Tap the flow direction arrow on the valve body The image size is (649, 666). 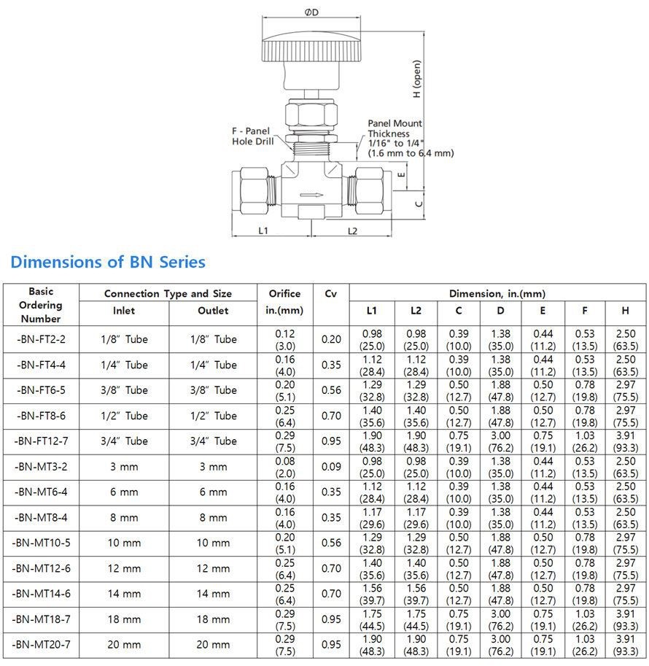click(x=310, y=195)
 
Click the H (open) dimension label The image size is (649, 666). click(x=416, y=79)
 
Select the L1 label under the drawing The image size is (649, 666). click(x=264, y=231)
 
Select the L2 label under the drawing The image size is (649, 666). click(x=353, y=231)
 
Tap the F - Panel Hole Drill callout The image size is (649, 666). click(x=252, y=136)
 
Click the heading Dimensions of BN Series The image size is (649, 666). click(x=108, y=262)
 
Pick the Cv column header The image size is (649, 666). click(x=330, y=293)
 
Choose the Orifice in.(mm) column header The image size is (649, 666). click(x=284, y=302)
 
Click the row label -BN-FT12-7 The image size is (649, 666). click(x=40, y=441)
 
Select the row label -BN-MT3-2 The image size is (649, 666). click(x=40, y=467)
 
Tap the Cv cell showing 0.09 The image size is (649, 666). click(x=330, y=467)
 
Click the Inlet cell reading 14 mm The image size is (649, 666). click(x=124, y=594)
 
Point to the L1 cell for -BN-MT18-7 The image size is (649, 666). click(x=372, y=619)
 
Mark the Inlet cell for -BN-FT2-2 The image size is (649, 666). click(x=124, y=339)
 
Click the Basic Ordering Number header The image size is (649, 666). click(x=41, y=305)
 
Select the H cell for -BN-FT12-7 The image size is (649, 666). click(x=625, y=441)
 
